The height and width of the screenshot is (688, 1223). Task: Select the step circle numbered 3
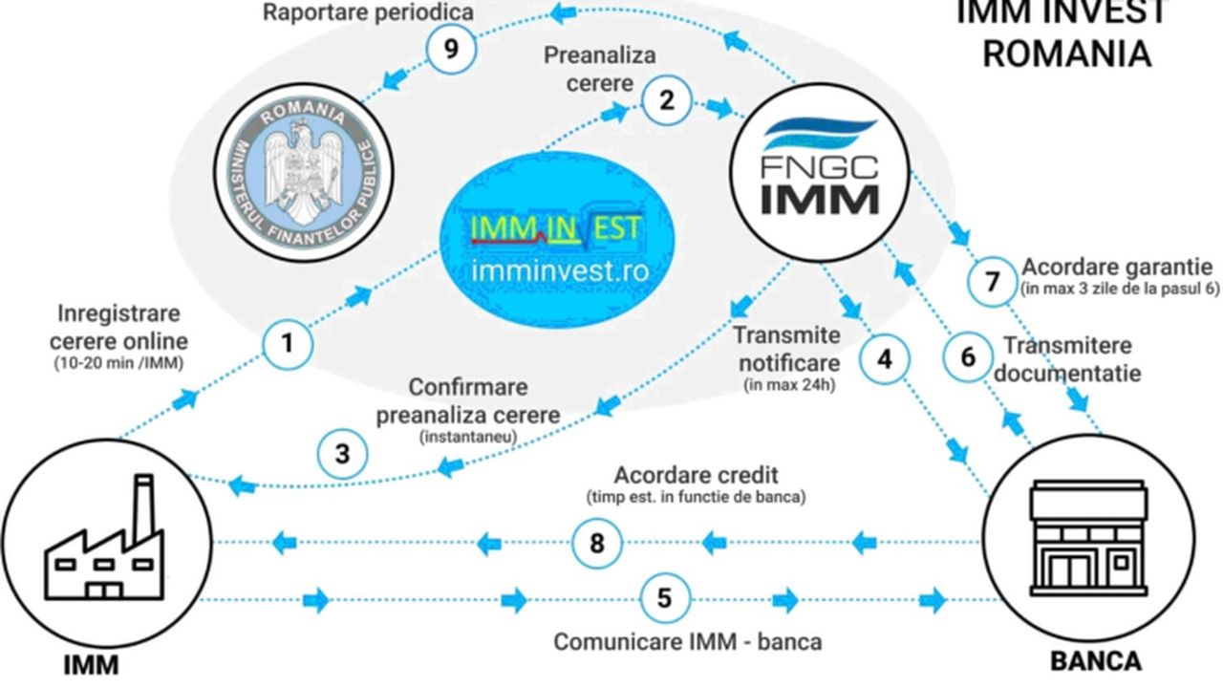pyautogui.click(x=343, y=454)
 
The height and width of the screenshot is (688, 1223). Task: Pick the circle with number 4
pyautogui.click(x=885, y=359)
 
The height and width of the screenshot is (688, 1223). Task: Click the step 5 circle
pyautogui.click(x=665, y=599)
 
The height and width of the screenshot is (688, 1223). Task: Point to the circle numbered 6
pyautogui.click(x=968, y=356)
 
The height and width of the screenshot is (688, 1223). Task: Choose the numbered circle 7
pyautogui.click(x=993, y=282)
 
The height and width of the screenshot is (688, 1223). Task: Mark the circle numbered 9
pyautogui.click(x=452, y=50)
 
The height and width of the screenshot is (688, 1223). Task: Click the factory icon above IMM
pyautogui.click(x=105, y=544)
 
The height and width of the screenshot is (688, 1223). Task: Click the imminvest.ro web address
pyautogui.click(x=560, y=270)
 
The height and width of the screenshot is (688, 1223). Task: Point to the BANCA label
pyautogui.click(x=1095, y=661)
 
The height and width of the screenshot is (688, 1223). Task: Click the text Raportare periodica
pyautogui.click(x=367, y=12)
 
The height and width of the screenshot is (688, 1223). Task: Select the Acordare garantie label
pyautogui.click(x=1117, y=266)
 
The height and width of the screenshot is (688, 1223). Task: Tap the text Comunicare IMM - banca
pyautogui.click(x=687, y=641)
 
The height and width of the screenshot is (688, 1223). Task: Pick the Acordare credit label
pyautogui.click(x=696, y=475)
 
